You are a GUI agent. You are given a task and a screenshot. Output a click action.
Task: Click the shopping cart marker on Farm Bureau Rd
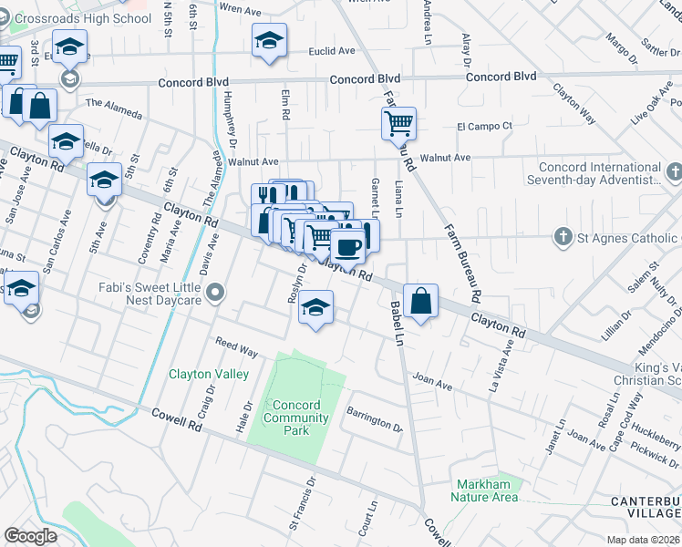(x=398, y=123)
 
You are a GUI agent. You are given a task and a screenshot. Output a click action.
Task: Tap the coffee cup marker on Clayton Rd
(x=346, y=245)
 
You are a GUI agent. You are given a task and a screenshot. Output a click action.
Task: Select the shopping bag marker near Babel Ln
(x=420, y=301)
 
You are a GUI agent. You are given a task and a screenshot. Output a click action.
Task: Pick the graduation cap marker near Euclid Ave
(x=269, y=41)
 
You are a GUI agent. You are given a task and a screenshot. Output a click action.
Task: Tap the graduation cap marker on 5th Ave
(x=105, y=181)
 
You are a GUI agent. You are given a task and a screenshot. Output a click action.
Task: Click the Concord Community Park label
(x=295, y=412)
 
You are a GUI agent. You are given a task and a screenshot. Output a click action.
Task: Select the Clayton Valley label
(x=209, y=374)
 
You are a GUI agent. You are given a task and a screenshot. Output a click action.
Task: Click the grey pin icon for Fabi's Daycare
(x=215, y=293)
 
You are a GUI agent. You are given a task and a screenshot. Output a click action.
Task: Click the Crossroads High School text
(x=76, y=18)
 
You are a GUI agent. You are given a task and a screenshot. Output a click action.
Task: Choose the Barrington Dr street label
(x=374, y=419)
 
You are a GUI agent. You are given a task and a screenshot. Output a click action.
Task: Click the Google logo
(x=30, y=536)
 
